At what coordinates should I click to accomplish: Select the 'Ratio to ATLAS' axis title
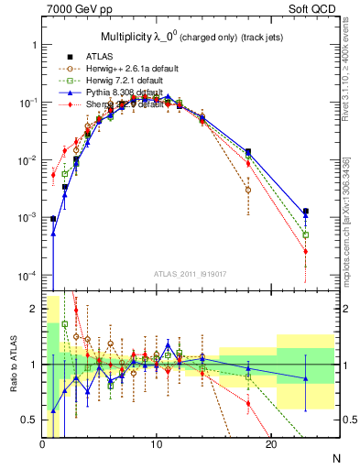click(x=12, y=365)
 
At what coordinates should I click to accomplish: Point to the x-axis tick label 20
click(x=271, y=444)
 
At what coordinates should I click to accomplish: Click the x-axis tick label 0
click(x=43, y=444)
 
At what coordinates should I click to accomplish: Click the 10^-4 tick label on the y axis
click(x=27, y=276)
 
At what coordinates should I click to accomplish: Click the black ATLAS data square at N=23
click(x=306, y=212)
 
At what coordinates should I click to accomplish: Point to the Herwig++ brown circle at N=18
click(x=248, y=191)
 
